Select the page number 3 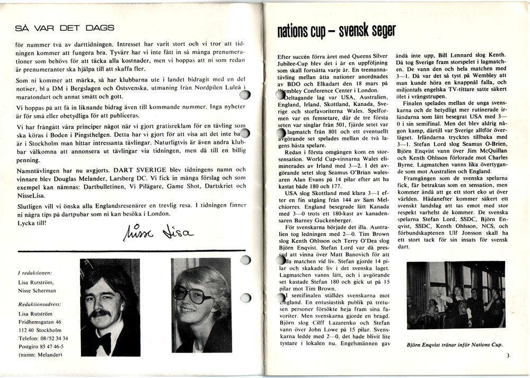(x=507, y=356)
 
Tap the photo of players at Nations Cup (x=455, y=296)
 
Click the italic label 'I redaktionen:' (x=35, y=273)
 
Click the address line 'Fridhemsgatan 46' (x=40, y=321)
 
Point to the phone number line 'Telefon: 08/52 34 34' (x=43, y=338)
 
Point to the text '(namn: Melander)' (x=40, y=354)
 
